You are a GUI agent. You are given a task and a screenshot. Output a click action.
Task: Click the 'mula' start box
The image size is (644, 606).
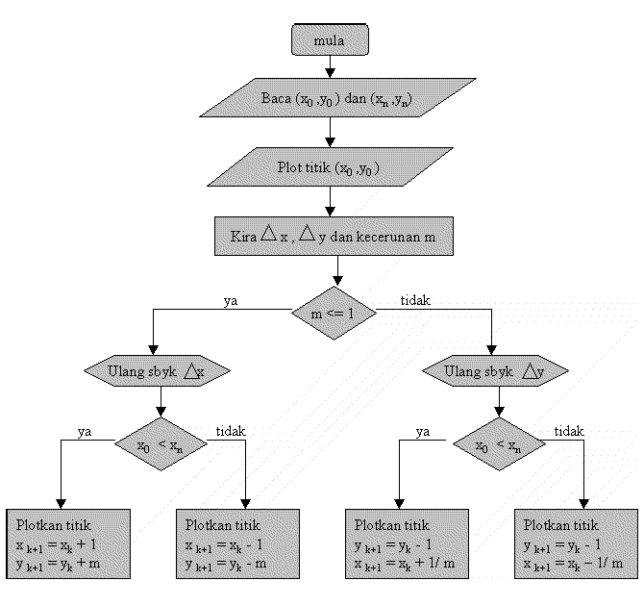pos(329,40)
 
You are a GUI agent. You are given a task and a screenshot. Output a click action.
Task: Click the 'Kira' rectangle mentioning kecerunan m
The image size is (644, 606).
pos(333,236)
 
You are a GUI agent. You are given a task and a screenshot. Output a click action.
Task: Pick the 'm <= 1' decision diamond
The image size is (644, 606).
pos(333,313)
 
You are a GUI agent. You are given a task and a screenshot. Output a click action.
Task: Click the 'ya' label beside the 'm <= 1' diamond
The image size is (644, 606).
pos(231,300)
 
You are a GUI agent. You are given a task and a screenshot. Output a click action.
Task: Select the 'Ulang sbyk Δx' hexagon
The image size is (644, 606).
pos(159,370)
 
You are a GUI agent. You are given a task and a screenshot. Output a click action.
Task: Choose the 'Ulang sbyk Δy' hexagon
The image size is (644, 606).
pos(491,370)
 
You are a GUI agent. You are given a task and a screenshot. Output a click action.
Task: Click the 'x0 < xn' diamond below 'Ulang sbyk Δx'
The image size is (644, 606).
pos(159,445)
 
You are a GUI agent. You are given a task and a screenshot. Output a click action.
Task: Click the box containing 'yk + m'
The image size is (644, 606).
pos(66,543)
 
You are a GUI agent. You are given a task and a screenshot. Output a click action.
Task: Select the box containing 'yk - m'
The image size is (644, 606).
pos(235,543)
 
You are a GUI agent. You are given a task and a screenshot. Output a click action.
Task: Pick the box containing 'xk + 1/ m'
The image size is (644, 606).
pos(406,543)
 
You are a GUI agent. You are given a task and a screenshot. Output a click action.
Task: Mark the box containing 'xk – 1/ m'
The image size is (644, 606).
pos(575,543)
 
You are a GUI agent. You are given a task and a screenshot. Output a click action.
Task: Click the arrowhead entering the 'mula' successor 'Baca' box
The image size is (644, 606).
pos(330,72)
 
